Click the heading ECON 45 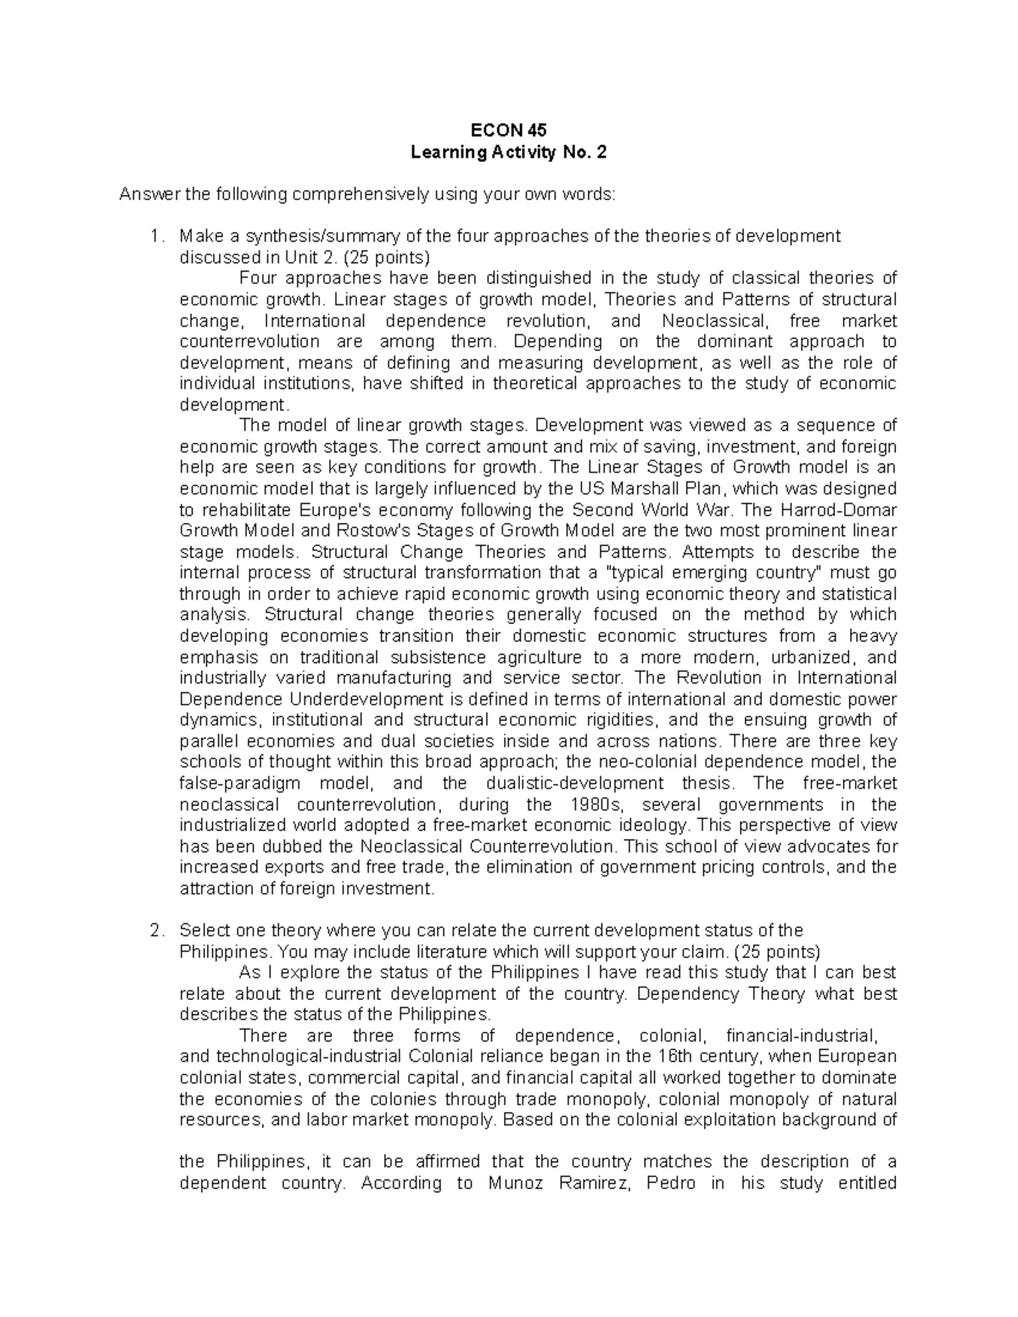[509, 131]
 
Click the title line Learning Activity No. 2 [509, 153]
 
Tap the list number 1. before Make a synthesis [155, 237]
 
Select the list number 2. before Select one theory [155, 931]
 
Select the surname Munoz [517, 1184]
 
